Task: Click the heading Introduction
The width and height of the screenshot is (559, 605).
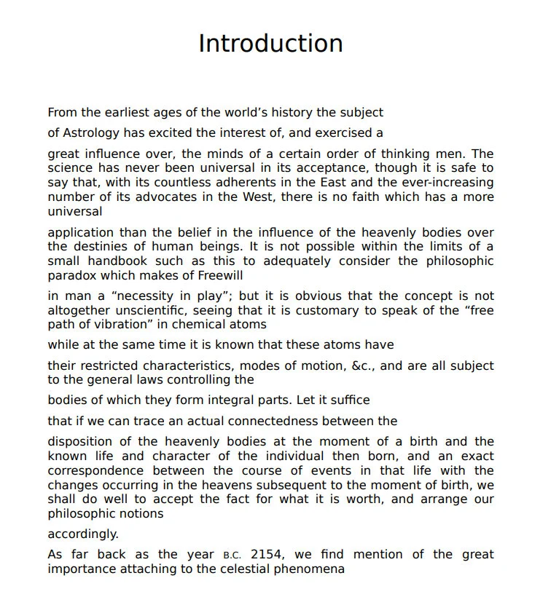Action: pos(270,44)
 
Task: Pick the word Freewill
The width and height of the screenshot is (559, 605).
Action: pos(217,276)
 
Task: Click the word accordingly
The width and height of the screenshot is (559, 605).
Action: pos(83,534)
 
